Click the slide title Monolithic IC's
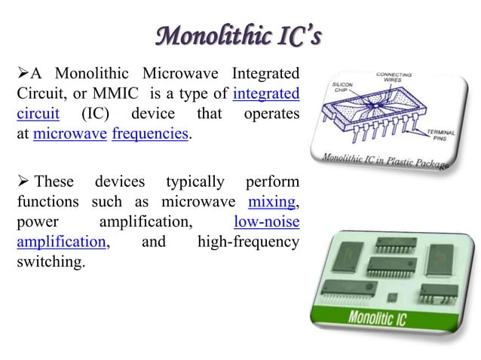[x=240, y=36]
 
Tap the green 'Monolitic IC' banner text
[x=376, y=318]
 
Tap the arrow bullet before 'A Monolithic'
[x=23, y=74]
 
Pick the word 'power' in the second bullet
[x=34, y=222]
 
